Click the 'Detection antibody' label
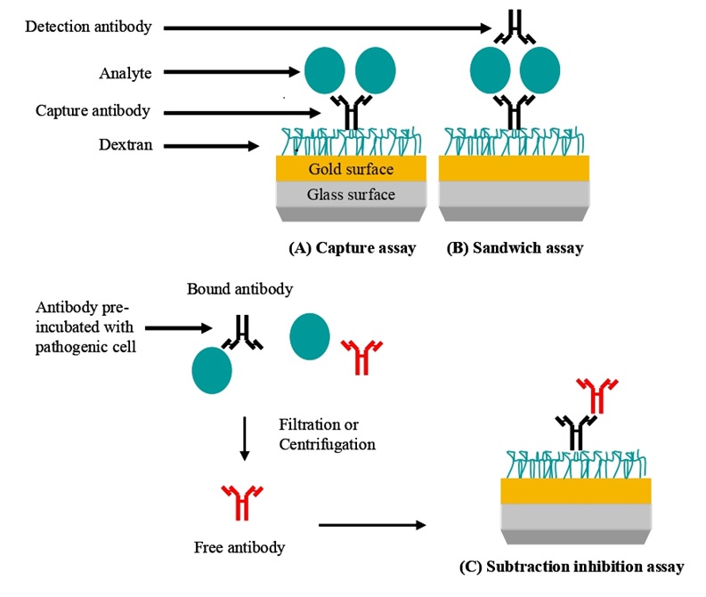coord(88,27)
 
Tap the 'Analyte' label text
coord(126,73)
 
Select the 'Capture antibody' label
coord(93,110)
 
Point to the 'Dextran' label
coord(126,145)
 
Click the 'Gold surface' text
coord(351,169)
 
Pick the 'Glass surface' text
coord(351,194)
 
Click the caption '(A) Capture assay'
coord(352,248)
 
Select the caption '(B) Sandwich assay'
coord(515,248)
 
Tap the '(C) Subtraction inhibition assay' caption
coord(572,567)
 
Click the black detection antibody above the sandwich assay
coord(515,28)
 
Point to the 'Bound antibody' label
coord(240,289)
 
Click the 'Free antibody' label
coord(239,547)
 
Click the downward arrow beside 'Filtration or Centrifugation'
coord(245,439)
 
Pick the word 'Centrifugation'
coord(328,445)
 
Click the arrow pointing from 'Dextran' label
coord(211,146)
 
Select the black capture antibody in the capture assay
coord(352,112)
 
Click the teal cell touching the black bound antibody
coord(212,370)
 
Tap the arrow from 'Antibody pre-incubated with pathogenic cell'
coord(178,328)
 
